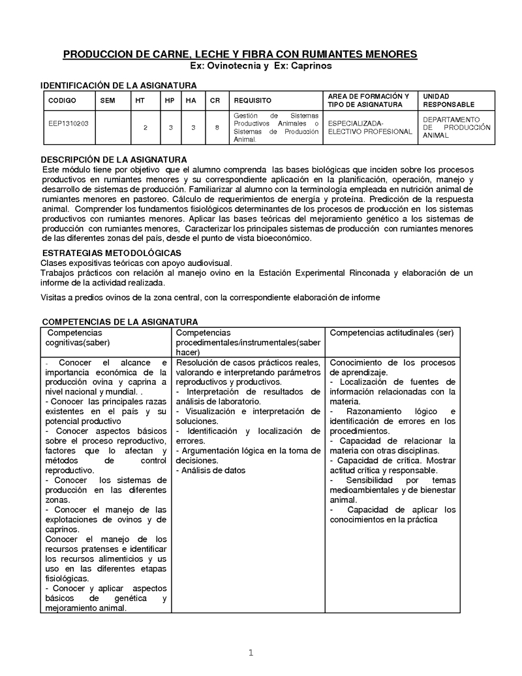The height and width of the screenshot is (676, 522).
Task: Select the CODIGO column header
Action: [x=62, y=101]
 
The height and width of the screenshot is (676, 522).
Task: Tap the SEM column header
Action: [x=108, y=101]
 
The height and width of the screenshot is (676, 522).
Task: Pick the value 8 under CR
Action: [x=217, y=127]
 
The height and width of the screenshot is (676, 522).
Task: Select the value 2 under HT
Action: [x=145, y=127]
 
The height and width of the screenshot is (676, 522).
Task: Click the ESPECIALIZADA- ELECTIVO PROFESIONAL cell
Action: [x=370, y=127]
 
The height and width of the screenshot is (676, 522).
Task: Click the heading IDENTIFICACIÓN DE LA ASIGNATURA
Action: [x=119, y=86]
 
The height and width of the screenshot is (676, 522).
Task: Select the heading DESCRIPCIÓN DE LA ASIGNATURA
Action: [x=114, y=159]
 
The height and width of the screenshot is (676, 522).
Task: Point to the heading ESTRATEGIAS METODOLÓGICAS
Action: [x=112, y=253]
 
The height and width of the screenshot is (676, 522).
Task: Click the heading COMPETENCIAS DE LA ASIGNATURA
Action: [x=120, y=321]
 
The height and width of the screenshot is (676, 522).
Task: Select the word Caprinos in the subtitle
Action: [x=311, y=66]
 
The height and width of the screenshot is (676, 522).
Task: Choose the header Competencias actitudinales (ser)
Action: [x=391, y=332]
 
